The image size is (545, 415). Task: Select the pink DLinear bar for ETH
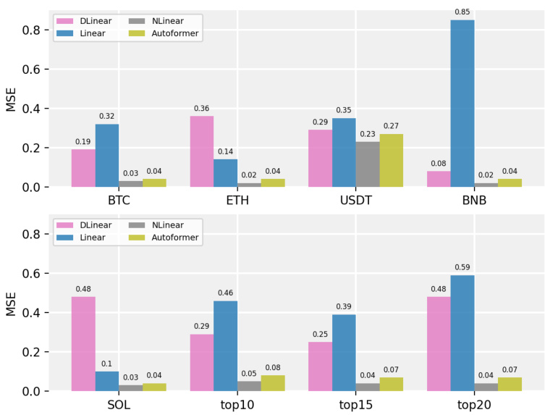click(x=202, y=151)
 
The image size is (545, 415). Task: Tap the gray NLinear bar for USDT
click(x=368, y=164)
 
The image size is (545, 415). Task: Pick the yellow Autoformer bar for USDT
click(x=392, y=161)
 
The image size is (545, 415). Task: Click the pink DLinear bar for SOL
click(x=83, y=344)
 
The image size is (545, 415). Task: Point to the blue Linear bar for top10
click(x=225, y=346)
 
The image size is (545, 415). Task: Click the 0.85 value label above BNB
click(x=462, y=12)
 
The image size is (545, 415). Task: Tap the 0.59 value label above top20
click(x=462, y=267)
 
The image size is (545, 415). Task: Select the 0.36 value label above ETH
click(x=202, y=109)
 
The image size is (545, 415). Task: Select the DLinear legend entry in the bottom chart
click(x=91, y=225)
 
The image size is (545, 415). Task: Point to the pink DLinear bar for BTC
click(x=83, y=168)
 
